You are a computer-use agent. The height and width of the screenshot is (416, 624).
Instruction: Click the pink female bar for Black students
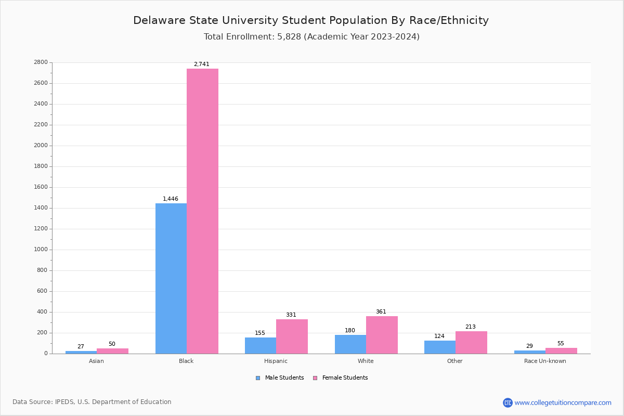202,211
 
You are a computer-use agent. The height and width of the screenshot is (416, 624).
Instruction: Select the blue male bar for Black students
171,278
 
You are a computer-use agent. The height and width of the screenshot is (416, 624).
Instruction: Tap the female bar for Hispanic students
292,336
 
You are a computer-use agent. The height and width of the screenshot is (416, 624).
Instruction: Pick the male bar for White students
350,344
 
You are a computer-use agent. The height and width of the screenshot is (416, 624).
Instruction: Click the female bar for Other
471,342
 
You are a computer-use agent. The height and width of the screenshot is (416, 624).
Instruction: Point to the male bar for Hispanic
261,345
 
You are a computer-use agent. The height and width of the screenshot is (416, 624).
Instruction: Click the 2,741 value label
202,64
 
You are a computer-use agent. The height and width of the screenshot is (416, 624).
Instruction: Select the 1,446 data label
171,199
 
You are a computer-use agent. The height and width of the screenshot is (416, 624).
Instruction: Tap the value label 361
381,312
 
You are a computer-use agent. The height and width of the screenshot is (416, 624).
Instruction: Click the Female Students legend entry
341,378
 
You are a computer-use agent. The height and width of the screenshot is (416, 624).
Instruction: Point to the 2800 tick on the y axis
41,62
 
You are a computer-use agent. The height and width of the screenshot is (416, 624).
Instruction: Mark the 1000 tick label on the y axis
41,250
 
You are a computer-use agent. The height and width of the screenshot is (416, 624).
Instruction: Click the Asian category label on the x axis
96,361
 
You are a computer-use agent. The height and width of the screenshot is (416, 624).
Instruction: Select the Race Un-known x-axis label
545,361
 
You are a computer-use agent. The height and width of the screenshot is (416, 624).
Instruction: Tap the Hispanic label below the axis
276,361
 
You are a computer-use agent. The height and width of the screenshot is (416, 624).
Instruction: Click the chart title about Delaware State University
311,21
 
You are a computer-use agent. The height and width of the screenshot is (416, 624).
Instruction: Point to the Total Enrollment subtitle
311,37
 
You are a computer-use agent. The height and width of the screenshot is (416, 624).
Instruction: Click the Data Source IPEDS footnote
92,402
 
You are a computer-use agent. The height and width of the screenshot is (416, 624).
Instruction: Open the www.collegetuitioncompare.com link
563,402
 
